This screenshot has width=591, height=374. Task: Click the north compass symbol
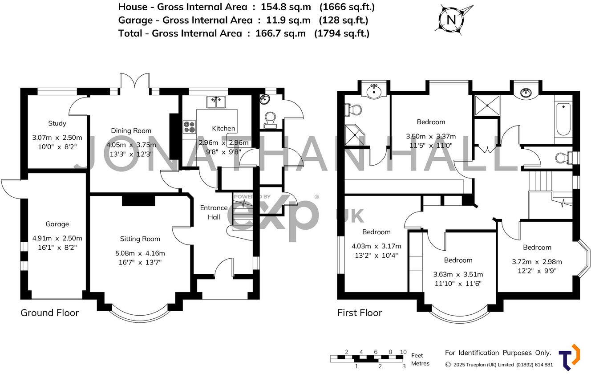(452, 19)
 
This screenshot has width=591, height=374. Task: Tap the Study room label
(57, 123)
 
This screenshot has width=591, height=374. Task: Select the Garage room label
(57, 224)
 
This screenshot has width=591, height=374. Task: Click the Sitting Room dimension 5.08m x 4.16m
(140, 253)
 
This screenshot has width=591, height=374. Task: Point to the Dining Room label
(131, 130)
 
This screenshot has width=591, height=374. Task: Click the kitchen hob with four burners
(189, 127)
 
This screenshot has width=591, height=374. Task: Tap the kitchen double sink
(216, 102)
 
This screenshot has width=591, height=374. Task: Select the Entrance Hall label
(214, 212)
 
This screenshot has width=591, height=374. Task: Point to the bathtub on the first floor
(563, 119)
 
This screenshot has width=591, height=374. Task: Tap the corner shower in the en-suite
(356, 135)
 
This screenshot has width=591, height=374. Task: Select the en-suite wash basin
(374, 92)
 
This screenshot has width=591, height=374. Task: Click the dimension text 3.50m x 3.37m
(431, 137)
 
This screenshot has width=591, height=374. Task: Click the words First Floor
(360, 313)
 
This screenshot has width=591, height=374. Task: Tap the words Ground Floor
(49, 313)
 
